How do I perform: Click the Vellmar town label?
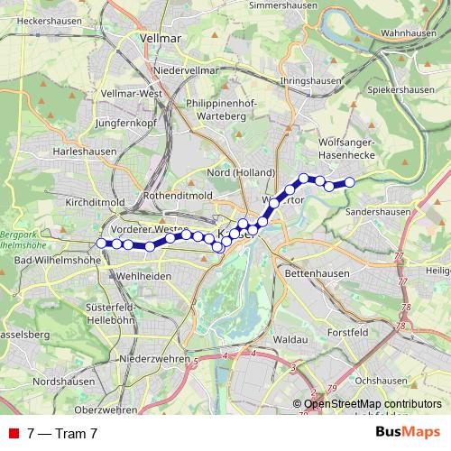[162, 39]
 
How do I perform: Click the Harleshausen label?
[85, 152]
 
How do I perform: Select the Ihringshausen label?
[311, 80]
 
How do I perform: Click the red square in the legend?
[14, 433]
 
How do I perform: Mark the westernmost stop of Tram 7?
[102, 243]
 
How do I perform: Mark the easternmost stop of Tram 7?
[350, 182]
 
